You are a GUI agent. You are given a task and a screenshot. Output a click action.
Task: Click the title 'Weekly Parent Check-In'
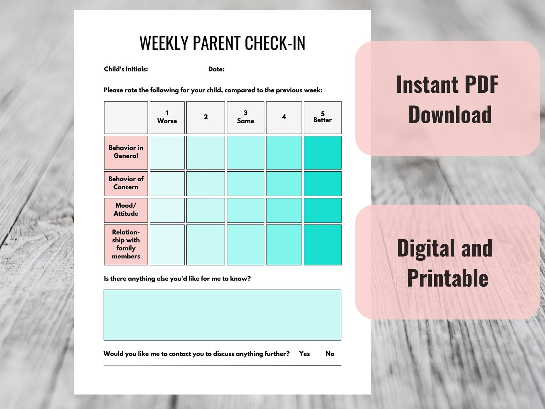[222, 43]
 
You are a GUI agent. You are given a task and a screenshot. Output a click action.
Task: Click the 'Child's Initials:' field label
[126, 69]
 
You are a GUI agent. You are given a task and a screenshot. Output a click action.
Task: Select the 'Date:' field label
[216, 69]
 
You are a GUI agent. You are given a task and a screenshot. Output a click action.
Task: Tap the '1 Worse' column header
[167, 117]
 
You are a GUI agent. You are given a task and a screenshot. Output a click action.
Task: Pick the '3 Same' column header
[245, 117]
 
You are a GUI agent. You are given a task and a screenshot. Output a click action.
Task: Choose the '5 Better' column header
[322, 117]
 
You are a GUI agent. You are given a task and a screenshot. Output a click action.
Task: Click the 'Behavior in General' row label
[126, 152]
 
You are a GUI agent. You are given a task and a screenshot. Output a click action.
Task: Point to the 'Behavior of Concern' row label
[126, 183]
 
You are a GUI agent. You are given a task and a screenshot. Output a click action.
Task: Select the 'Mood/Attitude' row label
[126, 210]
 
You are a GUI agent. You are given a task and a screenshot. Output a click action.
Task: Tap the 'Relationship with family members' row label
[126, 245]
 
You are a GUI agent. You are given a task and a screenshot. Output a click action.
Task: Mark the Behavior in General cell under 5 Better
[322, 152]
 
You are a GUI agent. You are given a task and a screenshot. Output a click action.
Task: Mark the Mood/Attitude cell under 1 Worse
[167, 210]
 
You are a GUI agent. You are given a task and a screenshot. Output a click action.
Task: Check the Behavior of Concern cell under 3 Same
[245, 183]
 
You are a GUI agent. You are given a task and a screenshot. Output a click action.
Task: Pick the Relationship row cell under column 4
[284, 245]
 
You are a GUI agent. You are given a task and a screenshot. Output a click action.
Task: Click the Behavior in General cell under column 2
[206, 152]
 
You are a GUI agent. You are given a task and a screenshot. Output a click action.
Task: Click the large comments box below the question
[222, 315]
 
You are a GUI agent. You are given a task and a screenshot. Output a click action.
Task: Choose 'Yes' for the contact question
[304, 354]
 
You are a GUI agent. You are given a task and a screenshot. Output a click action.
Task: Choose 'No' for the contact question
[330, 354]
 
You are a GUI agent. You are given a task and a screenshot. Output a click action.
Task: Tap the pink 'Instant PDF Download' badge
[447, 99]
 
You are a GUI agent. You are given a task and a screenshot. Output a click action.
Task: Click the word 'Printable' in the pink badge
[448, 278]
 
